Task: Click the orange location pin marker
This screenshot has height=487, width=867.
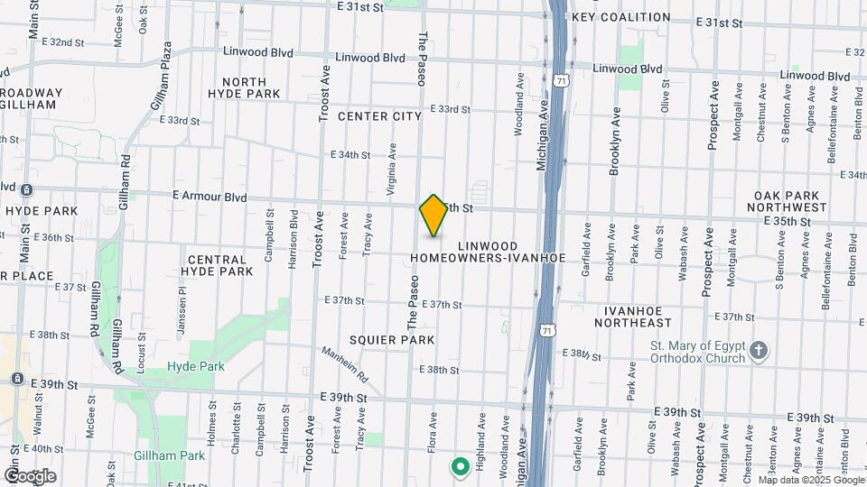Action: tap(434, 216)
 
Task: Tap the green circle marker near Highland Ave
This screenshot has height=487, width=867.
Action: tap(460, 466)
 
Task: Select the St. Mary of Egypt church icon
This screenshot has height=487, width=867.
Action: tap(760, 350)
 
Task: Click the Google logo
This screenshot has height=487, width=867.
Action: tap(30, 475)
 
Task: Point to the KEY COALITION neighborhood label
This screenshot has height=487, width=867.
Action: tap(621, 17)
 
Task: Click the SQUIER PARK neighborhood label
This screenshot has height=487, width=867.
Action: tap(393, 340)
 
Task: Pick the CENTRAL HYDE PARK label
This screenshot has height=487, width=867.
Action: tap(216, 265)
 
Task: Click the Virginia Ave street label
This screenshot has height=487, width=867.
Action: tap(392, 162)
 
